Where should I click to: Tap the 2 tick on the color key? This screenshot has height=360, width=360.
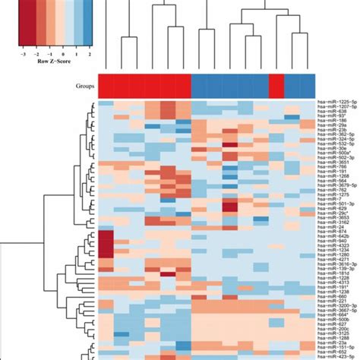point(90,55)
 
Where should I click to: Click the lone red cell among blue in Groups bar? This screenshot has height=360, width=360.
point(276,85)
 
